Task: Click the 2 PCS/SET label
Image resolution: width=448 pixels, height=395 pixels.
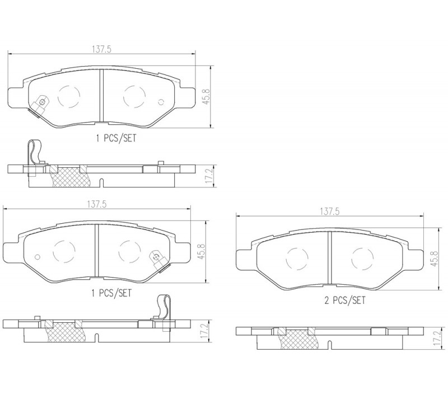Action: (344, 300)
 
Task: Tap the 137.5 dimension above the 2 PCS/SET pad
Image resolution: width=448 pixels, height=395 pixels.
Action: (329, 211)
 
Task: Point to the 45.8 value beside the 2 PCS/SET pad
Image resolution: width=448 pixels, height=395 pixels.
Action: (434, 258)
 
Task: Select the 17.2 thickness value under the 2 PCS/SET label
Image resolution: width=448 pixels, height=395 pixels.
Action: (437, 338)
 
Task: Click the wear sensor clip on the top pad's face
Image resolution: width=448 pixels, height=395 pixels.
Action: (39, 105)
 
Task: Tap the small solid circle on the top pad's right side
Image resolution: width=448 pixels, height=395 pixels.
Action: (161, 102)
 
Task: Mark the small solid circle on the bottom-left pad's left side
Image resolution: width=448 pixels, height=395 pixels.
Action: (37, 257)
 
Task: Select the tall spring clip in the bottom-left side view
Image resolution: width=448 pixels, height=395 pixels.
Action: (164, 307)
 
